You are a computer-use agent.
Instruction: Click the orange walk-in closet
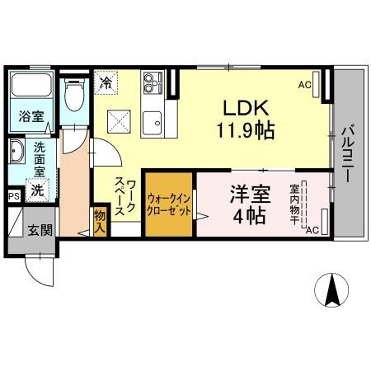169,204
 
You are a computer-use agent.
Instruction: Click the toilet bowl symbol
73,97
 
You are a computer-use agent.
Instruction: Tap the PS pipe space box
13,196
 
